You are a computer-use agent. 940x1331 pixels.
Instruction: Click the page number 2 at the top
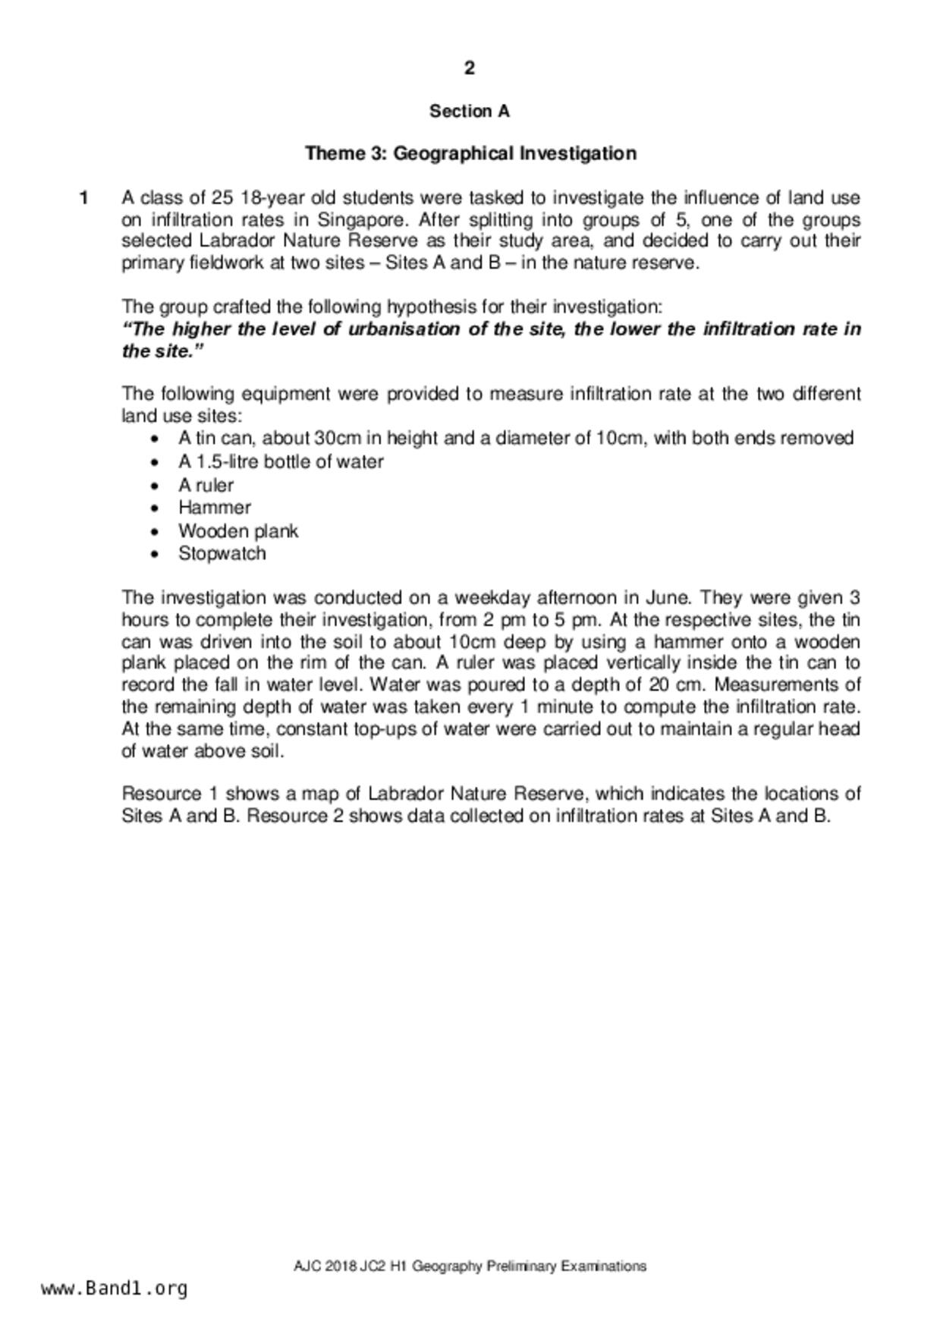(470, 68)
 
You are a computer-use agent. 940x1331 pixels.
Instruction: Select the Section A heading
(470, 112)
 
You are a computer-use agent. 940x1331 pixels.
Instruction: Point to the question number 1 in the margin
(84, 198)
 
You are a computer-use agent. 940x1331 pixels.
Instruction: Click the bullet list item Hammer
(215, 508)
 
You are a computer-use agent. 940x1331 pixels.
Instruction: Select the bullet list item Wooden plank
(238, 531)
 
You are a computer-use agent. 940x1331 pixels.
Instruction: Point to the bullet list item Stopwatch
(222, 554)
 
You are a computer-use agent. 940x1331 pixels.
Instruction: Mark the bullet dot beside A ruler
(156, 486)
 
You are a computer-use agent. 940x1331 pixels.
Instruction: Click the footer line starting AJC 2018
(470, 1266)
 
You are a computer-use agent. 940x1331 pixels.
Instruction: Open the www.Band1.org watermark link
(115, 1289)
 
